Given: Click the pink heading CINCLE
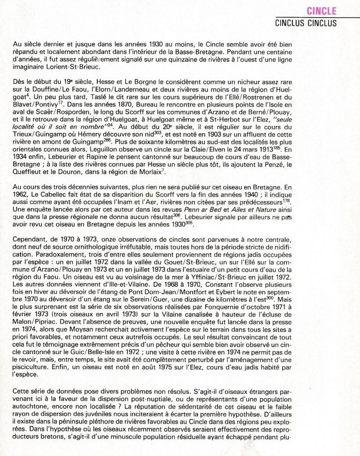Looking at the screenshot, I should (x=321, y=11).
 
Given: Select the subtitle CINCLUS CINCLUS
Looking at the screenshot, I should (x=306, y=23).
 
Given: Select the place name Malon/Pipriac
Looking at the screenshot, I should (x=35, y=324).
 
